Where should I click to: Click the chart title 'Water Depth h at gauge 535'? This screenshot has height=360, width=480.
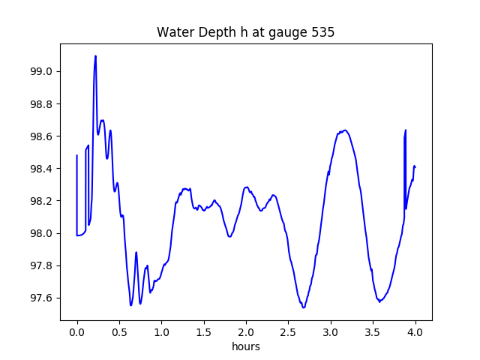tap(245, 33)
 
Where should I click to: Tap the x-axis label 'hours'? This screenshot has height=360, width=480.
tap(245, 347)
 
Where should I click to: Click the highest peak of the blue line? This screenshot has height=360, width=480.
tap(95, 56)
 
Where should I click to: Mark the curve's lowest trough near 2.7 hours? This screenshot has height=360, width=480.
tap(304, 307)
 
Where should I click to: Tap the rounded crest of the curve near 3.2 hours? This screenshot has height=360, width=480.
tap(344, 130)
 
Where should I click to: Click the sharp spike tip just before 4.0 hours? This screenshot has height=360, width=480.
tap(406, 130)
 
